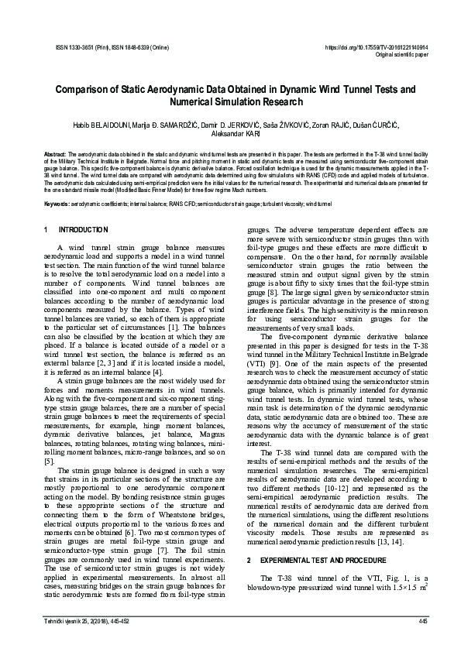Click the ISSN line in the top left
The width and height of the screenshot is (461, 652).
tap(104, 48)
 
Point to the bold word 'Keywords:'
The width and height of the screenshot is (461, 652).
tap(56, 204)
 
